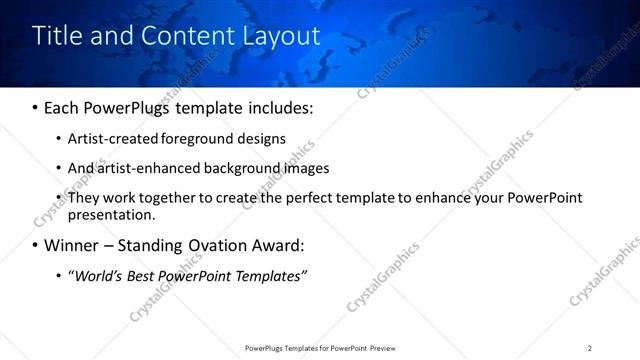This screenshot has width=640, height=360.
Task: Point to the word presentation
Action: tap(111, 214)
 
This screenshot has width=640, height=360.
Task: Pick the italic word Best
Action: tap(142, 275)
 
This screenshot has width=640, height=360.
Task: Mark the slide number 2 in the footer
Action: tap(589, 348)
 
